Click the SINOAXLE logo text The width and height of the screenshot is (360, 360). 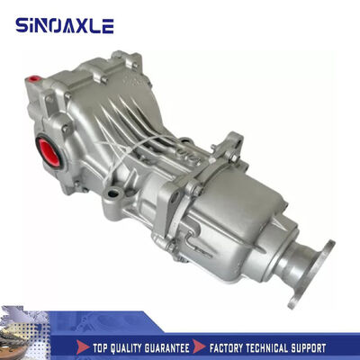coord(65,25)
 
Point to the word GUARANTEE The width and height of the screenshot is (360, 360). coord(179,346)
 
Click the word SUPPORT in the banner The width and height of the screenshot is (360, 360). coord(330,346)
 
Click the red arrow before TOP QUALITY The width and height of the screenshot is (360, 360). coord(82,346)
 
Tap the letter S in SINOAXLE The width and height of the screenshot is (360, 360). coord(22,25)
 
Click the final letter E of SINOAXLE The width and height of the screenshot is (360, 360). coord(108,25)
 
